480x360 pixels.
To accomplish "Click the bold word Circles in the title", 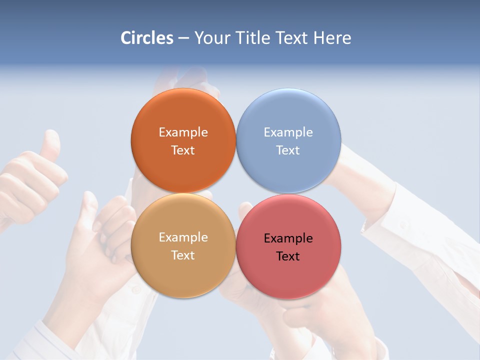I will coord(147,38).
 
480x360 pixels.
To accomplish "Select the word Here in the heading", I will coord(332,38).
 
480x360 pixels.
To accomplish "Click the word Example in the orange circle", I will coord(183,132).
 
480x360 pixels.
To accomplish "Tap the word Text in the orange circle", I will coord(183,150).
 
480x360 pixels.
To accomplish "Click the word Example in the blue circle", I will coord(288,132).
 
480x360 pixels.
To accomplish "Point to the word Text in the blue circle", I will coord(288,150).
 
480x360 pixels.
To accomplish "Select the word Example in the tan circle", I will coord(183,237).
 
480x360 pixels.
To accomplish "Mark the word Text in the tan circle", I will coord(183,255).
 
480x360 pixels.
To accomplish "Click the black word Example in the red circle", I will coord(288,238).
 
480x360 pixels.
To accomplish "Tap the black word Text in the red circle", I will coord(288,256).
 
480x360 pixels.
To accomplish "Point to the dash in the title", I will coord(183,38).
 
